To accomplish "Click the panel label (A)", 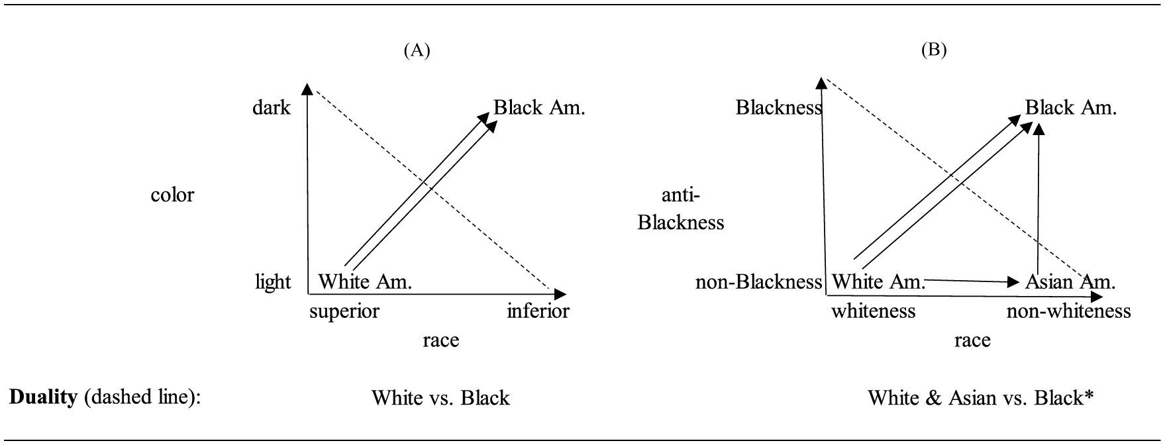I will pos(417,50).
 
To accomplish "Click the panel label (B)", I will pos(935,50).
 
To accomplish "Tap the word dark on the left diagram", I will pos(272,107).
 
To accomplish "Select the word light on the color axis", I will pos(273,282).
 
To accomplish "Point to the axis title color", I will pos(172,195).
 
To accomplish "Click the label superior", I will pos(344,311).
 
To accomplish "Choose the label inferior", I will pos(538,311).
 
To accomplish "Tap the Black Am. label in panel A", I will pos(539,107).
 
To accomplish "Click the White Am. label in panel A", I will pos(366,282).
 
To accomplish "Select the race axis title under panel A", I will pos(440,340).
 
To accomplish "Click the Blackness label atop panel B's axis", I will pos(779,107).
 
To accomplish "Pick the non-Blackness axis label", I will pos(758,282).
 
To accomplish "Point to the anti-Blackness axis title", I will pos(681,209).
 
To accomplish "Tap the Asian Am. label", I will pos(1070,282).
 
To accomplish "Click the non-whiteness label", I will pos(1068,311).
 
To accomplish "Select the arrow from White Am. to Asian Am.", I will pos(971,281).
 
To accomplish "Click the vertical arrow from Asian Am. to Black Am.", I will pos(1038,199).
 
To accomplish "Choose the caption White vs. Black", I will pos(440,397).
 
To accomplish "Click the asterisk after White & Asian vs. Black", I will pos(1089,396).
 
